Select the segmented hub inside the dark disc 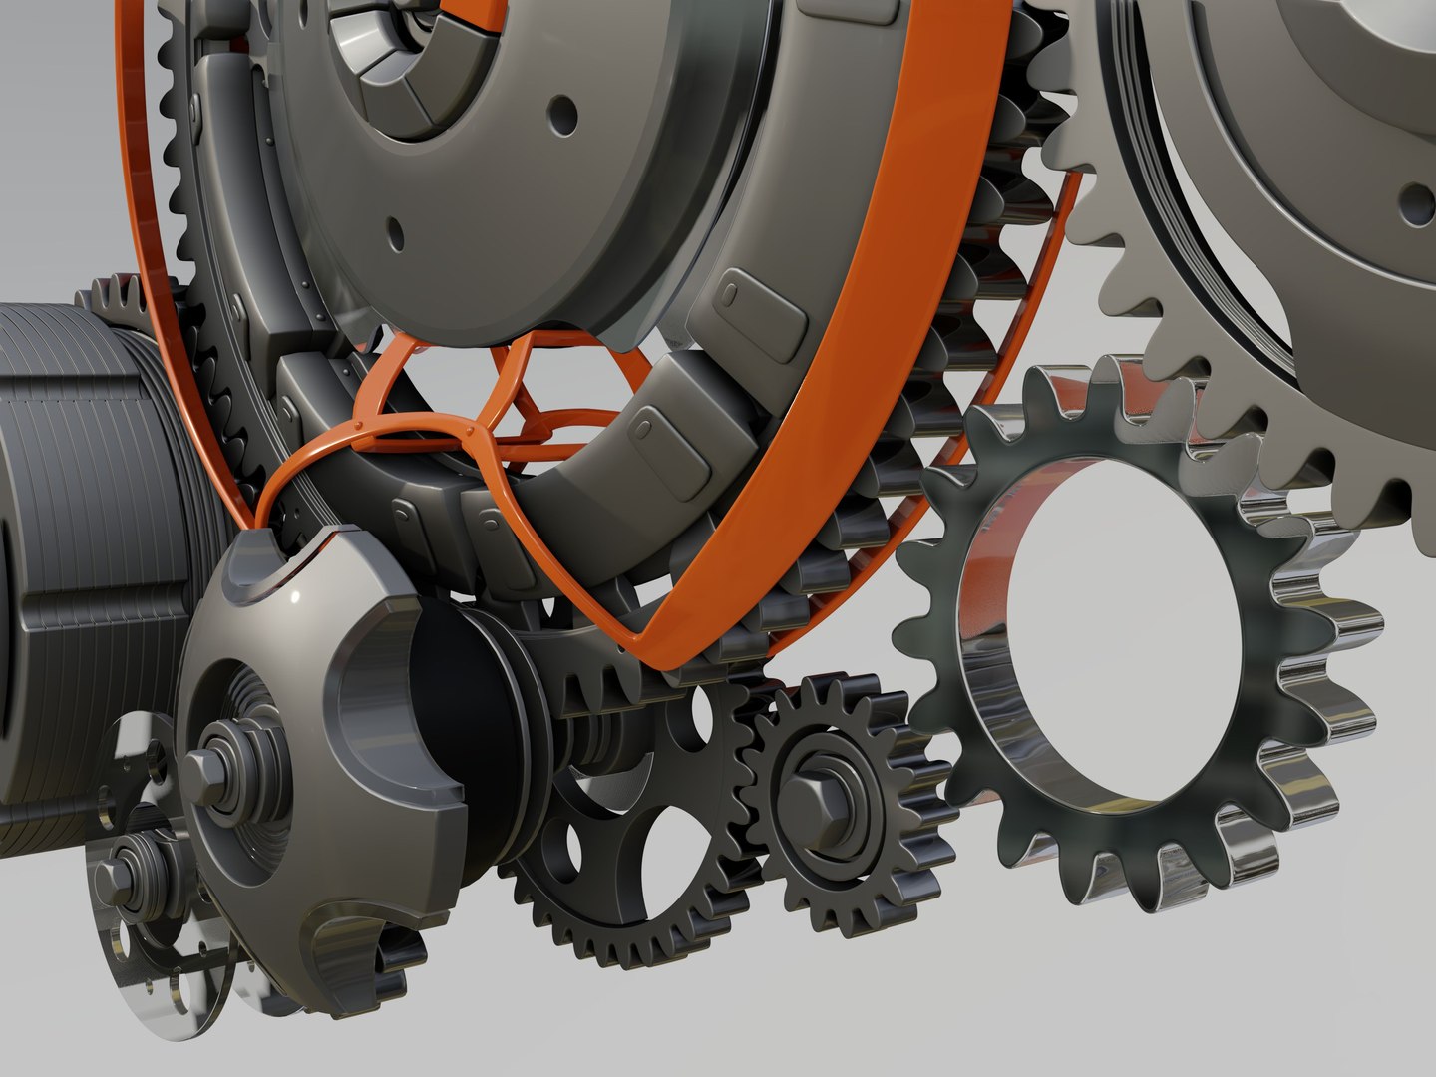click(x=389, y=70)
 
